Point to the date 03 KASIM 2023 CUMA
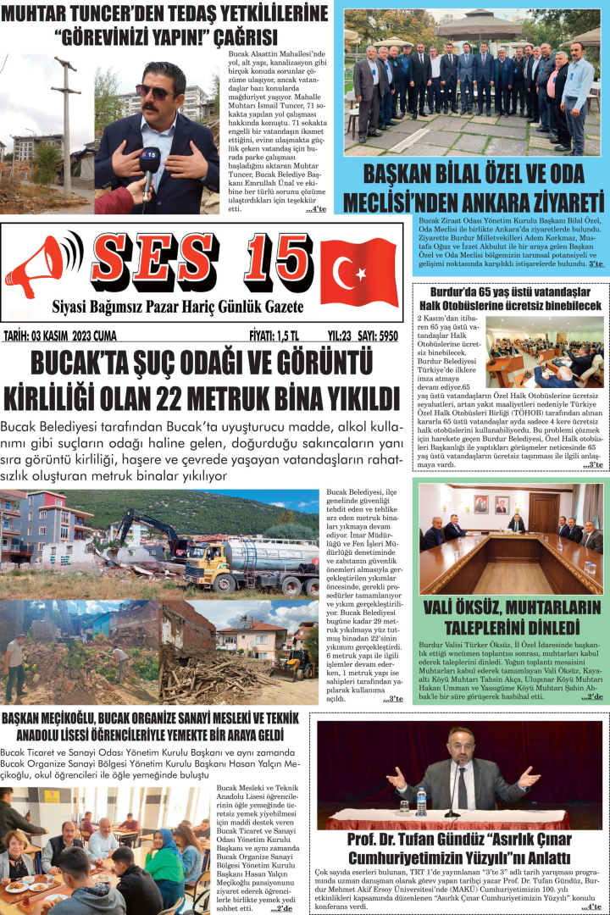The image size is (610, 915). [59, 336]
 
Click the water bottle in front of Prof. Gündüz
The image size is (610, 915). [421, 801]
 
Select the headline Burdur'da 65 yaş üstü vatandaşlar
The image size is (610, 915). [507, 290]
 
